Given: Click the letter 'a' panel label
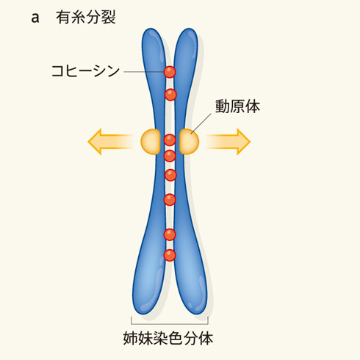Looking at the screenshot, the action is (35, 18).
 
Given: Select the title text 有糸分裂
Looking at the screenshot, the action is (86, 18).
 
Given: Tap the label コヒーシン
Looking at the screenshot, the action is (85, 71).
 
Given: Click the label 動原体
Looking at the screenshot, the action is (237, 107).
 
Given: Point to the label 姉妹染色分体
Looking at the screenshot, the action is (168, 338).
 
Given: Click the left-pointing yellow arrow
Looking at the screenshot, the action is (110, 142).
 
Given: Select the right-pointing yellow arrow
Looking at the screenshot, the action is (228, 142).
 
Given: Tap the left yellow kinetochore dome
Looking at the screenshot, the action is (151, 142).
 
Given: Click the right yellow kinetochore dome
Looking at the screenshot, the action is (189, 142).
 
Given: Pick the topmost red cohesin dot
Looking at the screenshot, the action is (170, 72).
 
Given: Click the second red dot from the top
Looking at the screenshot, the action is (170, 94).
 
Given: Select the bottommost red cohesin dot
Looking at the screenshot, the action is (170, 256).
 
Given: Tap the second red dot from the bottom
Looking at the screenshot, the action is (170, 234).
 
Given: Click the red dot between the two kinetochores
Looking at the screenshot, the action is (170, 140).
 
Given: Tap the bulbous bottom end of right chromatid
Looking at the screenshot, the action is (193, 294).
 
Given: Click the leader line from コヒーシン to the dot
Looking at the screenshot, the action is (144, 72).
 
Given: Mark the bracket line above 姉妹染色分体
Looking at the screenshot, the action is (170, 324).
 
